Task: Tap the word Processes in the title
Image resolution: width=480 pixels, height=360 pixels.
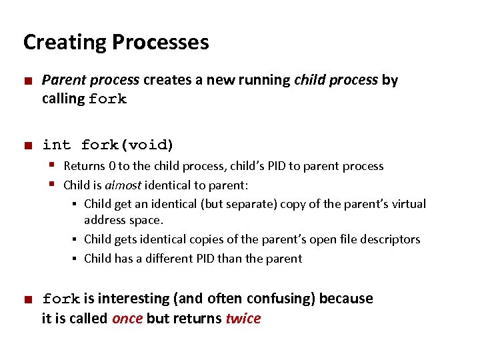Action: coord(160,43)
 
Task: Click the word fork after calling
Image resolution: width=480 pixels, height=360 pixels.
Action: coord(107,99)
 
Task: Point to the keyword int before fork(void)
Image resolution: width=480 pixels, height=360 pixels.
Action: coord(56,145)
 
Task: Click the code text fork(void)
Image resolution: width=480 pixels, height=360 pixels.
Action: coord(127,145)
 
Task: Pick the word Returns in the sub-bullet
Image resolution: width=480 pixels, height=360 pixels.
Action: coord(84,166)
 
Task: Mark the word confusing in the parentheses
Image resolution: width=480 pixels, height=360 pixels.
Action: coord(279,299)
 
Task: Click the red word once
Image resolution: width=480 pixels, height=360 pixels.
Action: coord(127,319)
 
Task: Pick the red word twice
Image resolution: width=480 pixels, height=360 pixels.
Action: coord(243,319)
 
